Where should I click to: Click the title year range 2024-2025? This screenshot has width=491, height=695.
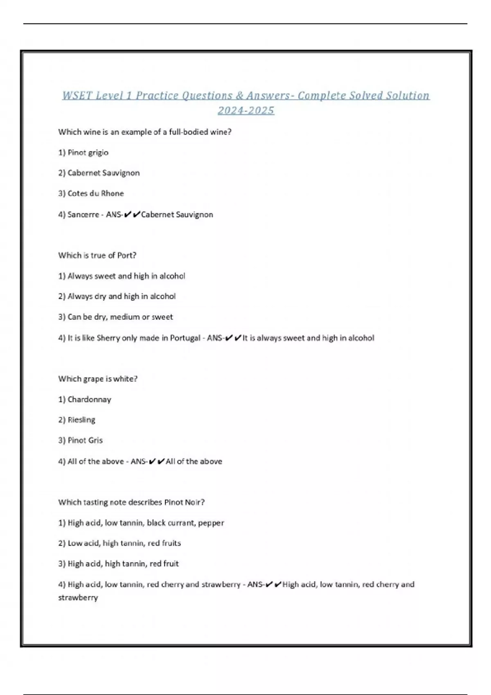(245, 110)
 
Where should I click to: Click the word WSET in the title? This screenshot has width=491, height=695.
(77, 96)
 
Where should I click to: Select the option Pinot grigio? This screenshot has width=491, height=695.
(88, 152)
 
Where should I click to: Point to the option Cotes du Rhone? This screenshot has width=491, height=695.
(95, 193)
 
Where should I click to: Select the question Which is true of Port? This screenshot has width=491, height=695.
(97, 256)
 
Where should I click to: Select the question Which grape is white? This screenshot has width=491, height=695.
(98, 379)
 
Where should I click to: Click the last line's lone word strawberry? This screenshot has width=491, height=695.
(78, 598)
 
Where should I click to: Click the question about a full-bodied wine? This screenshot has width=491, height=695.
(145, 132)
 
